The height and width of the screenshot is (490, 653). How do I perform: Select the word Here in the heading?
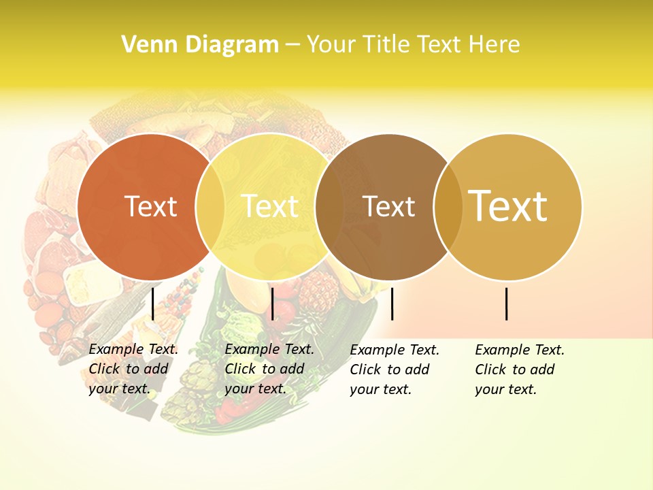pyautogui.click(x=495, y=45)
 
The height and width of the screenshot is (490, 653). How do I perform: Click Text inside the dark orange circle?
pyautogui.click(x=150, y=207)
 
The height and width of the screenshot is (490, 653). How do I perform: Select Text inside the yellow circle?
pyautogui.click(x=269, y=207)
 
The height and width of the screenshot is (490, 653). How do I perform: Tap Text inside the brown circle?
pyautogui.click(x=388, y=207)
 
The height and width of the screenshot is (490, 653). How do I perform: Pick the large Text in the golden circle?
pyautogui.click(x=507, y=206)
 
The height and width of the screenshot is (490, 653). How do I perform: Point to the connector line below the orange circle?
pyautogui.click(x=152, y=304)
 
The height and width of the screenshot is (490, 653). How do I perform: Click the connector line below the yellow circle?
pyautogui.click(x=272, y=304)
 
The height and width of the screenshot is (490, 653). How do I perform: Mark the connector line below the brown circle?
pyautogui.click(x=392, y=304)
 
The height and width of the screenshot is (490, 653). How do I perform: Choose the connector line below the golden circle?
pyautogui.click(x=506, y=304)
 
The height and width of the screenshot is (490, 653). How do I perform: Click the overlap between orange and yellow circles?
pyautogui.click(x=210, y=207)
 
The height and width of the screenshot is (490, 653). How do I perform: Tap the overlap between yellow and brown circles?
pyautogui.click(x=329, y=207)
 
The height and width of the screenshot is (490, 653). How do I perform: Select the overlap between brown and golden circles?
pyautogui.click(x=448, y=207)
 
